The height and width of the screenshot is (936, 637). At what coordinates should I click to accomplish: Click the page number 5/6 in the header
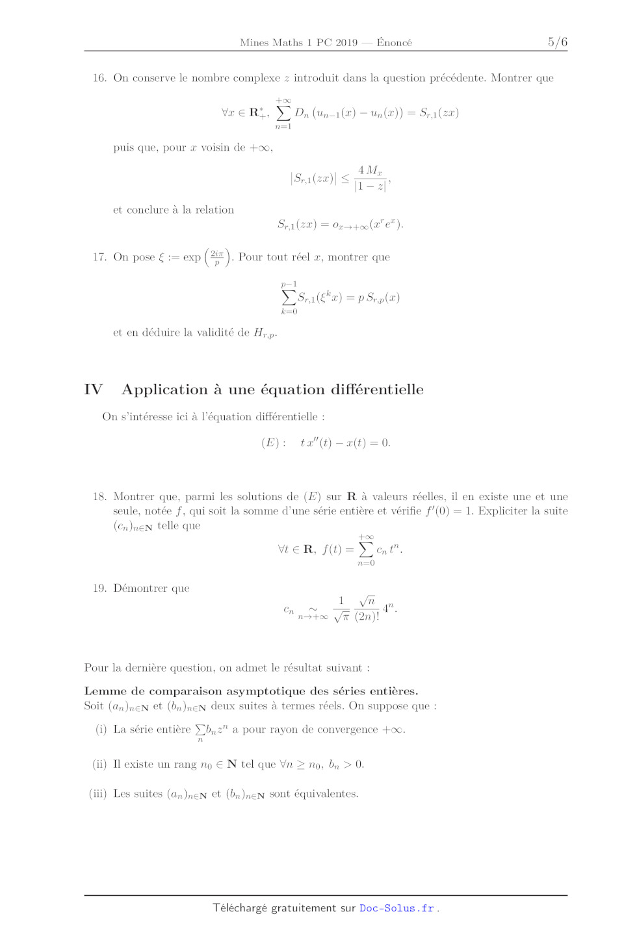point(557,42)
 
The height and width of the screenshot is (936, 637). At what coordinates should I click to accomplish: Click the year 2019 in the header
point(346,43)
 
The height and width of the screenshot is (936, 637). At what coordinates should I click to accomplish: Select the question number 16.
point(99,78)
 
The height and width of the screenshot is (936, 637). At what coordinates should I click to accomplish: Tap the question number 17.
point(99,257)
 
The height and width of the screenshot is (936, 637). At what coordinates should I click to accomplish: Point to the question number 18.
point(99,497)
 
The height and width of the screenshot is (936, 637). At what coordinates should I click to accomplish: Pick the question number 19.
point(99,588)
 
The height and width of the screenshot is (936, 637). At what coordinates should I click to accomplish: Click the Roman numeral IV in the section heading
point(93,390)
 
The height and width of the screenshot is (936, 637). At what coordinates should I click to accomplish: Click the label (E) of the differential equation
point(270,443)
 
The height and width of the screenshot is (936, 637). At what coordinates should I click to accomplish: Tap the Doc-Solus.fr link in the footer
point(396,908)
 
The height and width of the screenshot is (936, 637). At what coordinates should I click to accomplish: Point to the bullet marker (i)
point(101,729)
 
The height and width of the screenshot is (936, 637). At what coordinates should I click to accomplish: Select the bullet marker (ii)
point(99,765)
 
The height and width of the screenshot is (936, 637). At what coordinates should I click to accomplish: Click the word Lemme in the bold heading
point(102,691)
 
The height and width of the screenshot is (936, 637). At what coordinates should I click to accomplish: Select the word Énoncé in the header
point(394,43)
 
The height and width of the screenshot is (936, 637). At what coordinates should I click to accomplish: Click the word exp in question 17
point(192,257)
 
